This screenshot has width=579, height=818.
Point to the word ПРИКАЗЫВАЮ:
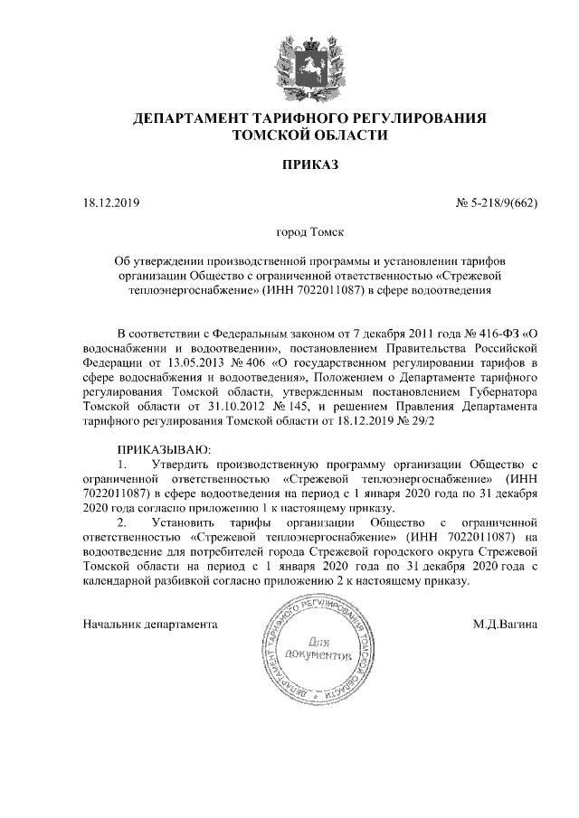pos(165,449)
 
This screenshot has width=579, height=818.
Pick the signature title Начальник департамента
pos(150,624)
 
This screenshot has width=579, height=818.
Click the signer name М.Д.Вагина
pos(506,624)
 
